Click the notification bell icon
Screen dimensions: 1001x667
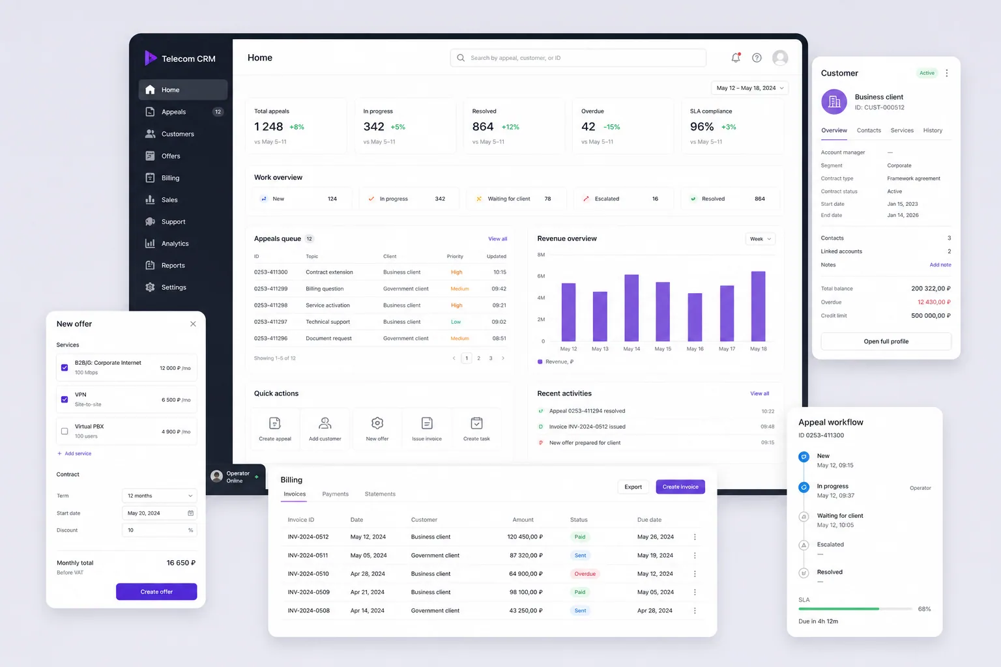click(736, 57)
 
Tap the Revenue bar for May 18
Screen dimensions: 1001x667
click(758, 306)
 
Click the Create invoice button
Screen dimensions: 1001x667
click(680, 487)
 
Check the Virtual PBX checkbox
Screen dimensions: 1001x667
click(65, 431)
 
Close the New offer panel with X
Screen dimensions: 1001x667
click(193, 324)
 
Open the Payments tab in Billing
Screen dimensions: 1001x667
click(335, 494)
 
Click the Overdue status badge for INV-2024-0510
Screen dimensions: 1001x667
click(585, 574)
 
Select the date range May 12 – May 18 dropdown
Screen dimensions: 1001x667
click(750, 88)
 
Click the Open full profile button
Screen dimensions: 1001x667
click(886, 341)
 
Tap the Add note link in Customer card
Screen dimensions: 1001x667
click(940, 265)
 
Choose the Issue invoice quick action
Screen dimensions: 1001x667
click(427, 429)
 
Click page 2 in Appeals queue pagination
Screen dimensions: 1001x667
click(478, 358)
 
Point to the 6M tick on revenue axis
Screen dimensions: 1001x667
click(541, 276)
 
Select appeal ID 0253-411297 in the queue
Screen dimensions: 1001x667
click(271, 322)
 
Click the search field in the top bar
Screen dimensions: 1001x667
click(578, 57)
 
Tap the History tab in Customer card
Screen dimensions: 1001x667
click(933, 130)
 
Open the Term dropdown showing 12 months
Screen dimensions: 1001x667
click(159, 496)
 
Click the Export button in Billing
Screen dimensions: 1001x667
click(633, 487)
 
